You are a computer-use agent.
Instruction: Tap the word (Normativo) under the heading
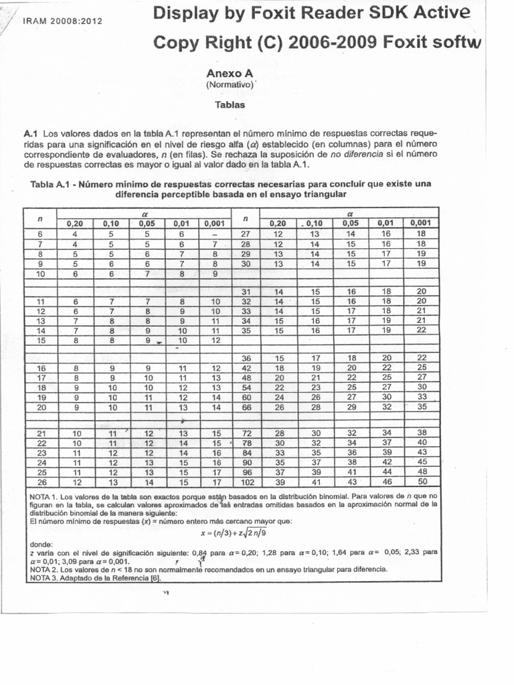click(x=230, y=86)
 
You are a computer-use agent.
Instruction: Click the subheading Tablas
click(x=230, y=105)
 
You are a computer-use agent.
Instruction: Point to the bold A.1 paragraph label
click(x=32, y=132)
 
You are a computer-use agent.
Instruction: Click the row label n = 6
click(x=39, y=234)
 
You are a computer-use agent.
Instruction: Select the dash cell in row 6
click(x=215, y=234)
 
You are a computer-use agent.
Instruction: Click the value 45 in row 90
click(x=421, y=462)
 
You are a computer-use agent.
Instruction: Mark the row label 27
click(x=246, y=234)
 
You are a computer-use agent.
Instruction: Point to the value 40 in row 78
click(x=421, y=443)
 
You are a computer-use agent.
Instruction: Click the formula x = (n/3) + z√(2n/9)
click(x=233, y=534)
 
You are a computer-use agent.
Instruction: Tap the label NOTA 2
click(x=44, y=569)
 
